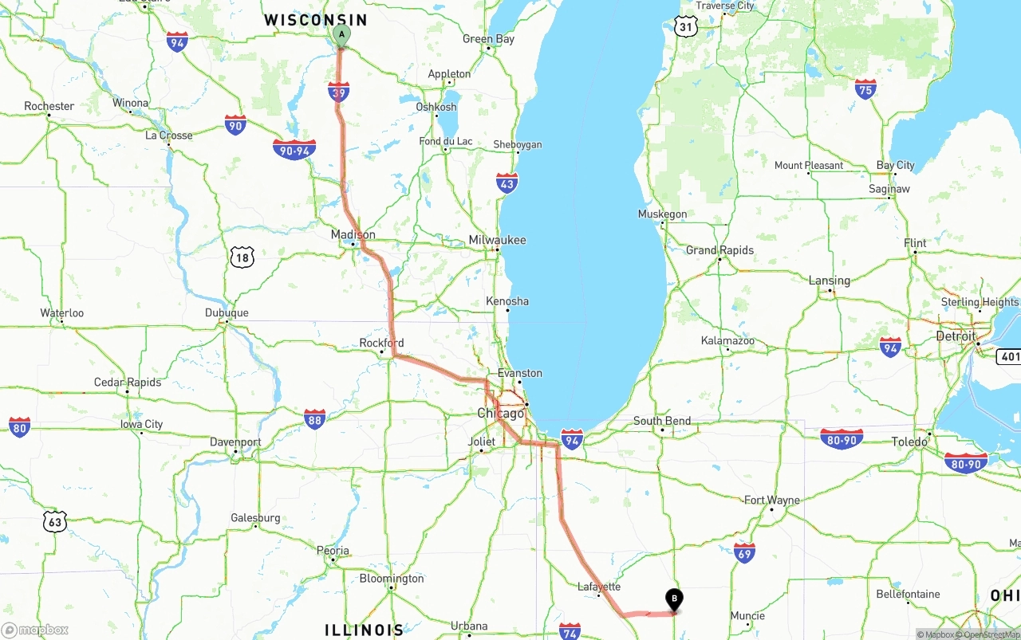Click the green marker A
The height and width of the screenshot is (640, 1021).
[341, 34]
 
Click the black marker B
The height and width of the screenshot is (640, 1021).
[674, 599]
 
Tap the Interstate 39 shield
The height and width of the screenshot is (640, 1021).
[339, 92]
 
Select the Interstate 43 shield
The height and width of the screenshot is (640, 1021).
[507, 183]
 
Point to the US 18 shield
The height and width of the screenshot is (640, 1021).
[242, 257]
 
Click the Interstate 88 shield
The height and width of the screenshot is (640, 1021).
[314, 419]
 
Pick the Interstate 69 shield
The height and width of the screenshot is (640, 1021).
[744, 552]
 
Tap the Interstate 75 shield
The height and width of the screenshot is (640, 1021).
[865, 88]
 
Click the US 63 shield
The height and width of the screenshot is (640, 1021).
[54, 522]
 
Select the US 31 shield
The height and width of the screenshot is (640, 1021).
[685, 26]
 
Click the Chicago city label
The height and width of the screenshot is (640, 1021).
[501, 413]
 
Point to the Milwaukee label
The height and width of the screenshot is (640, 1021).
[497, 240]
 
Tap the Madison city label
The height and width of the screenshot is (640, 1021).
[353, 234]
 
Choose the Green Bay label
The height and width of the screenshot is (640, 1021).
[489, 39]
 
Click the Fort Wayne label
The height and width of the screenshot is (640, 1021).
[771, 501]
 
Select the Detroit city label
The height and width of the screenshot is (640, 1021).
[956, 336]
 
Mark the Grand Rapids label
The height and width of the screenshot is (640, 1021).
[719, 250]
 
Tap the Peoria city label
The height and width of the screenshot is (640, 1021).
[333, 550]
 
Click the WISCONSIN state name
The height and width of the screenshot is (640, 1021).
[316, 20]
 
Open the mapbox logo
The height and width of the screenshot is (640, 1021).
[36, 630]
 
